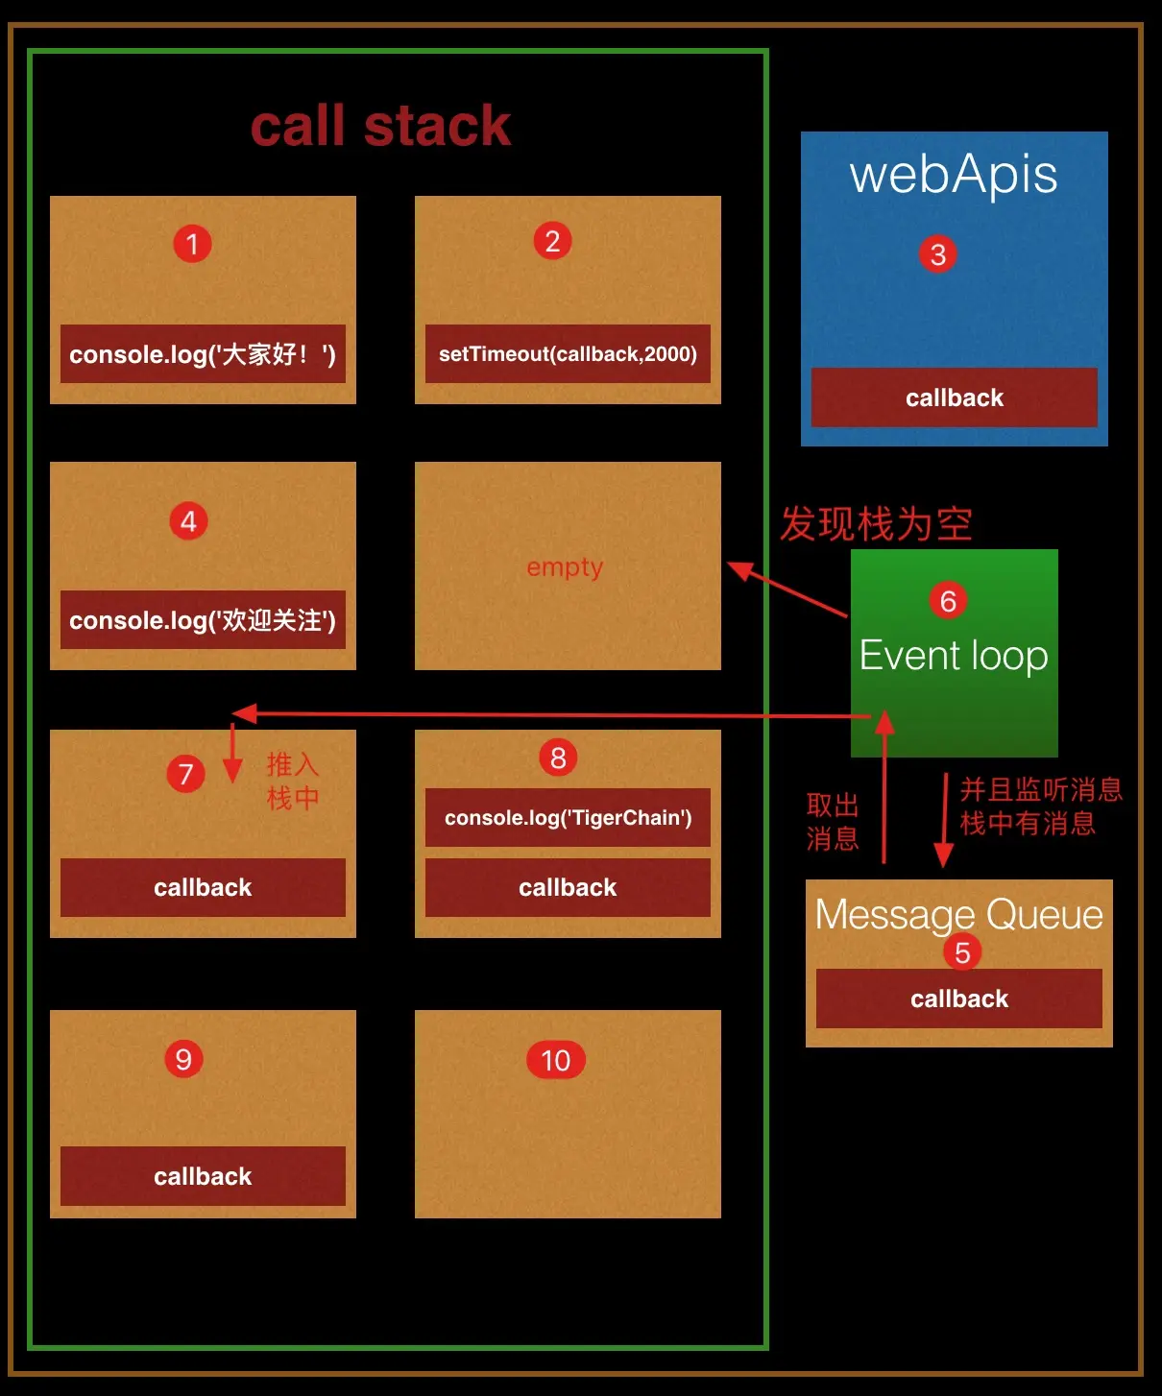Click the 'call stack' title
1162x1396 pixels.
(x=380, y=126)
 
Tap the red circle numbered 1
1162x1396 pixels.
(x=192, y=244)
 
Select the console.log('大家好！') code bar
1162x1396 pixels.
(x=203, y=354)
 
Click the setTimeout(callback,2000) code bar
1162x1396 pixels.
(x=568, y=354)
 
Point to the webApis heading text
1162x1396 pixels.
(x=954, y=175)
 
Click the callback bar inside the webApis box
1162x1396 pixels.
(x=954, y=397)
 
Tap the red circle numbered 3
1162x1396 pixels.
(x=938, y=254)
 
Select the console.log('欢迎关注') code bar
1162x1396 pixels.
(x=203, y=620)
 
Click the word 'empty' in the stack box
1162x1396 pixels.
(x=565, y=567)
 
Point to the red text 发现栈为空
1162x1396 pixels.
(x=876, y=524)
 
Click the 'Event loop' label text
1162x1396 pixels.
(x=954, y=656)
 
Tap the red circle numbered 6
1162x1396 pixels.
(x=948, y=601)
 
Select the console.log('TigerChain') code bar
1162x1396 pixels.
(x=568, y=818)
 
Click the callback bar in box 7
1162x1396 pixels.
(x=203, y=888)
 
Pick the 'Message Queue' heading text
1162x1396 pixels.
(x=958, y=914)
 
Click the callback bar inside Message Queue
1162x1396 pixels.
(x=958, y=999)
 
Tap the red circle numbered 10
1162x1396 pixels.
(x=556, y=1060)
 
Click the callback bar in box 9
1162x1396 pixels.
(x=203, y=1176)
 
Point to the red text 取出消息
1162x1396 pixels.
(x=833, y=822)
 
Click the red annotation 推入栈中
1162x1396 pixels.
(x=293, y=782)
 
